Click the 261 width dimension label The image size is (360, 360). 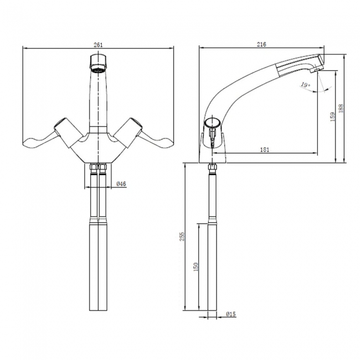coord(98,44)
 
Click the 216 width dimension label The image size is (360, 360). coord(262,44)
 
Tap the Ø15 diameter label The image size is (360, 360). coord(230,315)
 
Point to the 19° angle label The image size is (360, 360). coord(304,85)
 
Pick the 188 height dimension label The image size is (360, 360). coord(341,109)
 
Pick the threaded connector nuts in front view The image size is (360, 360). coord(98,167)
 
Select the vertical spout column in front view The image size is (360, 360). coord(98,102)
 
